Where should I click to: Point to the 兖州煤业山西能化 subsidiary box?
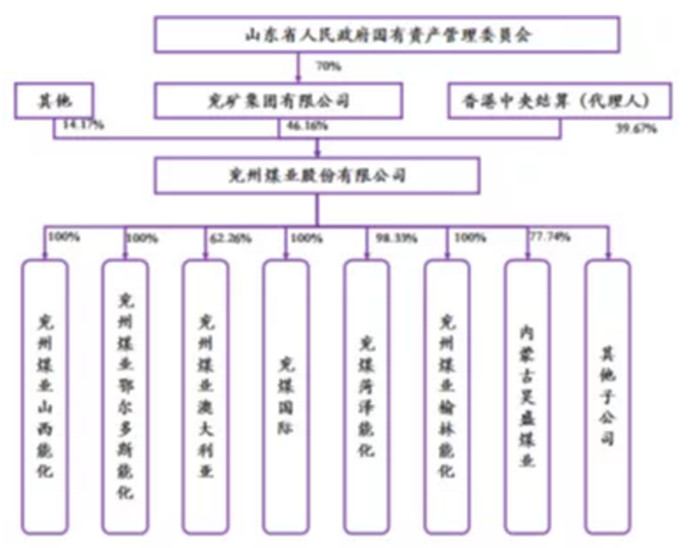point(46,396)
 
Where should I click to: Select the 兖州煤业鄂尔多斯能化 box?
point(125,396)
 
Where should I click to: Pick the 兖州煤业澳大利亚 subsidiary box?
point(206,396)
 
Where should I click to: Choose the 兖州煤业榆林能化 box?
point(447,396)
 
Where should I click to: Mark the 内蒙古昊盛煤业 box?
point(527,396)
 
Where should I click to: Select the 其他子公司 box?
point(608,396)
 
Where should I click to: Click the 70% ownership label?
point(329,66)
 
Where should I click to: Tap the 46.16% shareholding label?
point(303,127)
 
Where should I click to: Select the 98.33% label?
point(396,238)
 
